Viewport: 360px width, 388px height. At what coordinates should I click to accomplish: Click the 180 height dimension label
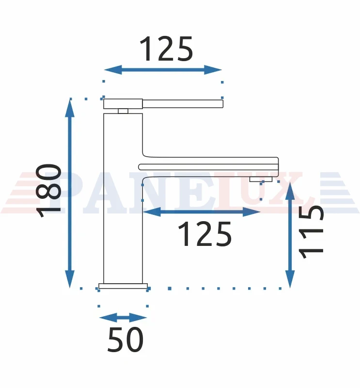pos(48,190)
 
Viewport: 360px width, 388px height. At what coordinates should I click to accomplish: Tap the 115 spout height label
pos(311,232)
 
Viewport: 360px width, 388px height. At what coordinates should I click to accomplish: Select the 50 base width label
pos(125,339)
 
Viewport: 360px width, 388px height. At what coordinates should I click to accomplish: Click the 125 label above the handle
pos(166,49)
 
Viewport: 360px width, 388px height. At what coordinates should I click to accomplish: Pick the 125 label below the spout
pos(205,234)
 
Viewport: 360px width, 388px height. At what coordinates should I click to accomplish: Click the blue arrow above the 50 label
pos(123,318)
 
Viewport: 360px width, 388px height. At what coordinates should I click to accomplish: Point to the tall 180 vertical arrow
pos(70,193)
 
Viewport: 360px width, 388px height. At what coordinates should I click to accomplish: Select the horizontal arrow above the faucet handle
pos(163,70)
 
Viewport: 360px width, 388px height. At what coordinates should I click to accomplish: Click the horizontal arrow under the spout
pos(202,212)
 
